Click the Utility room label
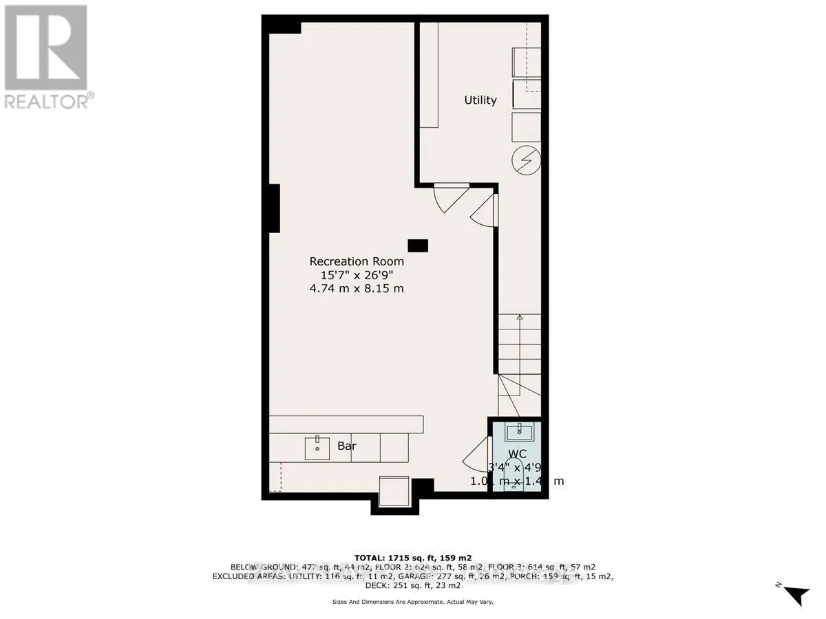click(480, 100)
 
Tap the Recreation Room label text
click(357, 261)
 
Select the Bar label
click(346, 446)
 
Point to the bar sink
click(317, 447)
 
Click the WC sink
click(517, 432)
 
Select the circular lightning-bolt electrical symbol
click(526, 162)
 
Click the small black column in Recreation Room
click(418, 245)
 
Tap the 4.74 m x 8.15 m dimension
click(357, 288)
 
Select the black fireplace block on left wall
click(273, 208)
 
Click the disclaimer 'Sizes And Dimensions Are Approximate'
click(412, 602)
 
